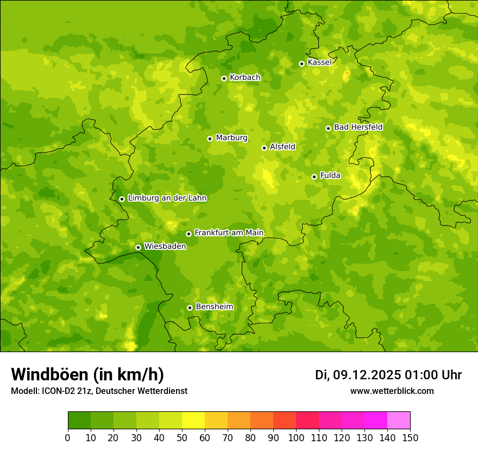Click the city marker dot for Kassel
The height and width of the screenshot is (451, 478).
coord(301,64)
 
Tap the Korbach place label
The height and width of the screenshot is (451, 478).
coord(245,78)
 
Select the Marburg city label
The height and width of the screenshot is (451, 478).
coord(231,138)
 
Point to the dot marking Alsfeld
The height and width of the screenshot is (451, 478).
coord(264,148)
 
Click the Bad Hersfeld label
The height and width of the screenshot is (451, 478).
coord(358,127)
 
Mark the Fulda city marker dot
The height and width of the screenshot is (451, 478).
coord(314,177)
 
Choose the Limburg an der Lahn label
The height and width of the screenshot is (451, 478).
coord(167,198)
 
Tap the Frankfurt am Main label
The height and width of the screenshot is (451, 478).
coord(229,233)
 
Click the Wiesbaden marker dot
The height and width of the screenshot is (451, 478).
coord(138,247)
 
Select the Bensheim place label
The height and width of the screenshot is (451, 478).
coord(214,307)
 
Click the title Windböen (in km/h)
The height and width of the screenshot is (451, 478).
coord(87,374)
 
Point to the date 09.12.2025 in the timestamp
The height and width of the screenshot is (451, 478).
coord(367,375)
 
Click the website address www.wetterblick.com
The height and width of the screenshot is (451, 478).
coord(392,391)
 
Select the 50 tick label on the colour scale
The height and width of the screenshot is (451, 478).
coord(181,438)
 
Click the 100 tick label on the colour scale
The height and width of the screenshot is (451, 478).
coord(295,438)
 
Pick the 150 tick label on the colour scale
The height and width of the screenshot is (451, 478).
coord(410,438)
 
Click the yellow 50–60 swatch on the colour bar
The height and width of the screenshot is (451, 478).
coord(193,421)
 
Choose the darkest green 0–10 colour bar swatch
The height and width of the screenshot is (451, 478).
coord(79,421)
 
